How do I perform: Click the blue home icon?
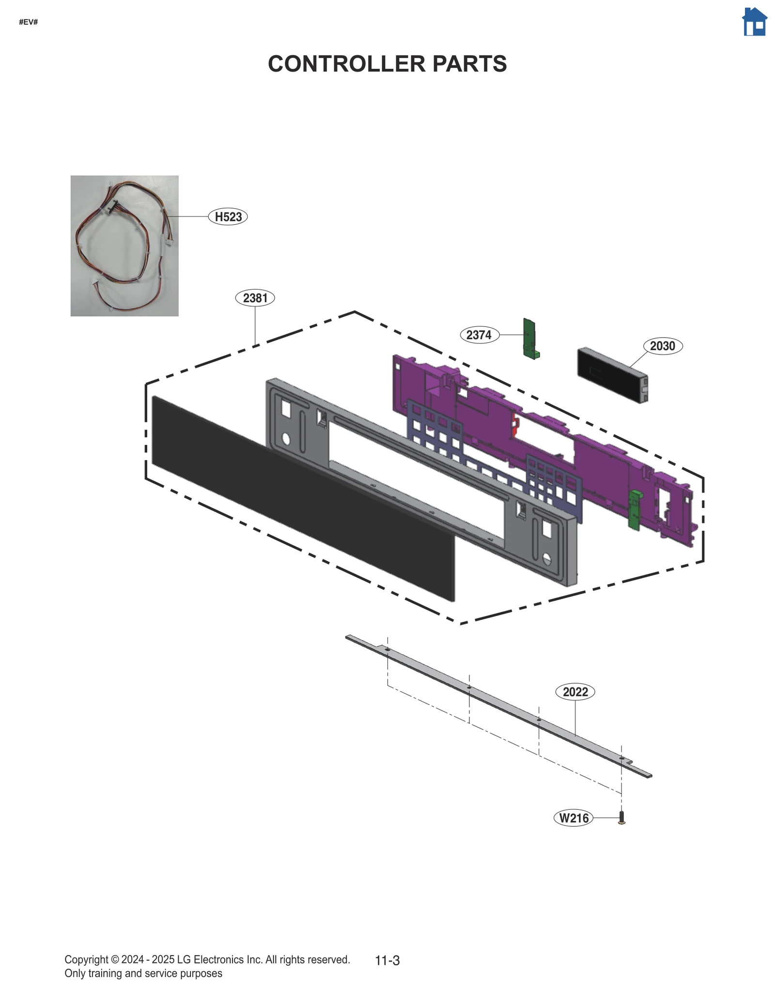tap(754, 22)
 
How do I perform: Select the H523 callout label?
tap(228, 216)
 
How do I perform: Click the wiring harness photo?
tap(124, 246)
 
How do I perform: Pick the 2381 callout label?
tap(255, 297)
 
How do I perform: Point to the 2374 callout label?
tap(479, 334)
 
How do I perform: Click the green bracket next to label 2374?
tap(529, 338)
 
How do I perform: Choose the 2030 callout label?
tap(662, 346)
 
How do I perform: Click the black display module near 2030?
tap(611, 374)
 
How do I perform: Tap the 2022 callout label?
tap(575, 692)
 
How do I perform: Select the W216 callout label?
tap(573, 818)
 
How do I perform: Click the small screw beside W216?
tap(622, 818)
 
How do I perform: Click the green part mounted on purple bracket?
tap(634, 509)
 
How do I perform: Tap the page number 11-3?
tap(387, 960)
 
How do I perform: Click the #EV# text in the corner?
tap(28, 22)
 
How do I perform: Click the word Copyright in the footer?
tap(86, 959)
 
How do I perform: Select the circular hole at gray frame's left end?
tap(286, 439)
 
